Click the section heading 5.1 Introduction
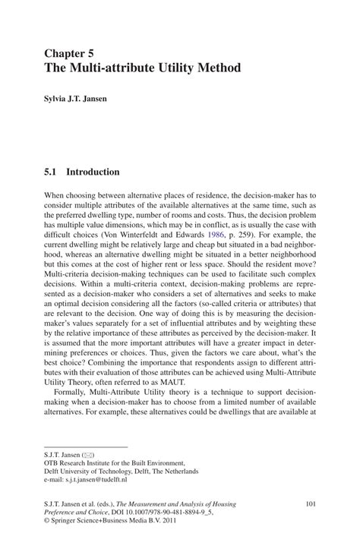(x=82, y=172)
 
